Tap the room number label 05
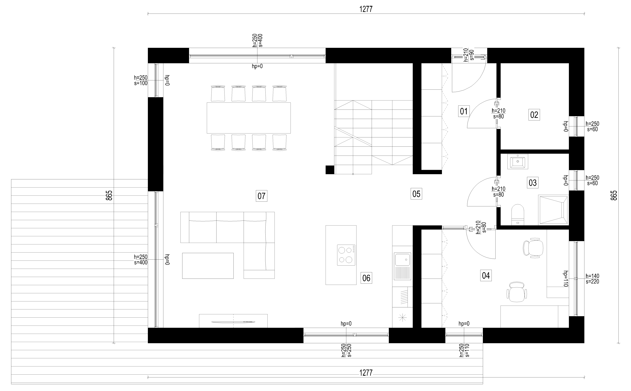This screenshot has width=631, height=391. (x=416, y=194)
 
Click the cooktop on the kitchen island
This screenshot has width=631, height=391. (x=346, y=255)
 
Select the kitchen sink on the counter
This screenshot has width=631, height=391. (x=402, y=266)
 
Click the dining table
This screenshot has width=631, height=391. (x=249, y=118)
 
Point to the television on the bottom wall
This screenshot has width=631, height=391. (x=233, y=322)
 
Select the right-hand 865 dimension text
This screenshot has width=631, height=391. (x=614, y=195)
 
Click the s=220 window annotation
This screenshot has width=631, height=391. (x=592, y=282)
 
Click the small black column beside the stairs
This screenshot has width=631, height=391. (x=330, y=170)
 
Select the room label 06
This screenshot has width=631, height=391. (x=366, y=278)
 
